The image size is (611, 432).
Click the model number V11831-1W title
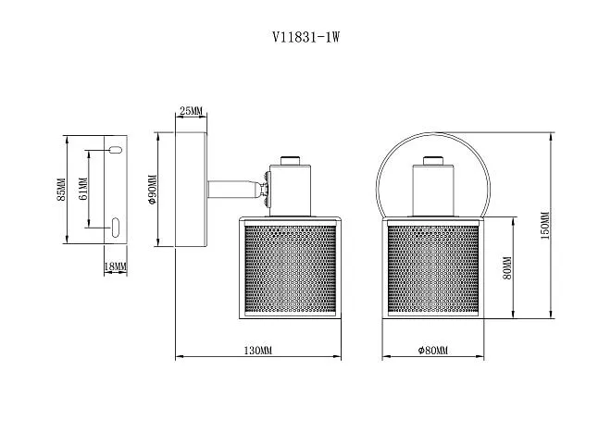305,37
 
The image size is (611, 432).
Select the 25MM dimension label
191,111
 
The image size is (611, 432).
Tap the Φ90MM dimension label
152,190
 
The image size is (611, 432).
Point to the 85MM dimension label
61,190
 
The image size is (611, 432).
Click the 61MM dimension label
83,189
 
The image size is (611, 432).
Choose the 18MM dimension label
116,266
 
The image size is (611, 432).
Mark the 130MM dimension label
258,351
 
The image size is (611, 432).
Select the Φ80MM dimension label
433,351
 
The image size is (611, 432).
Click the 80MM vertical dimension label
507,268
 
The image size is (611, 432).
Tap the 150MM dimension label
545,225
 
